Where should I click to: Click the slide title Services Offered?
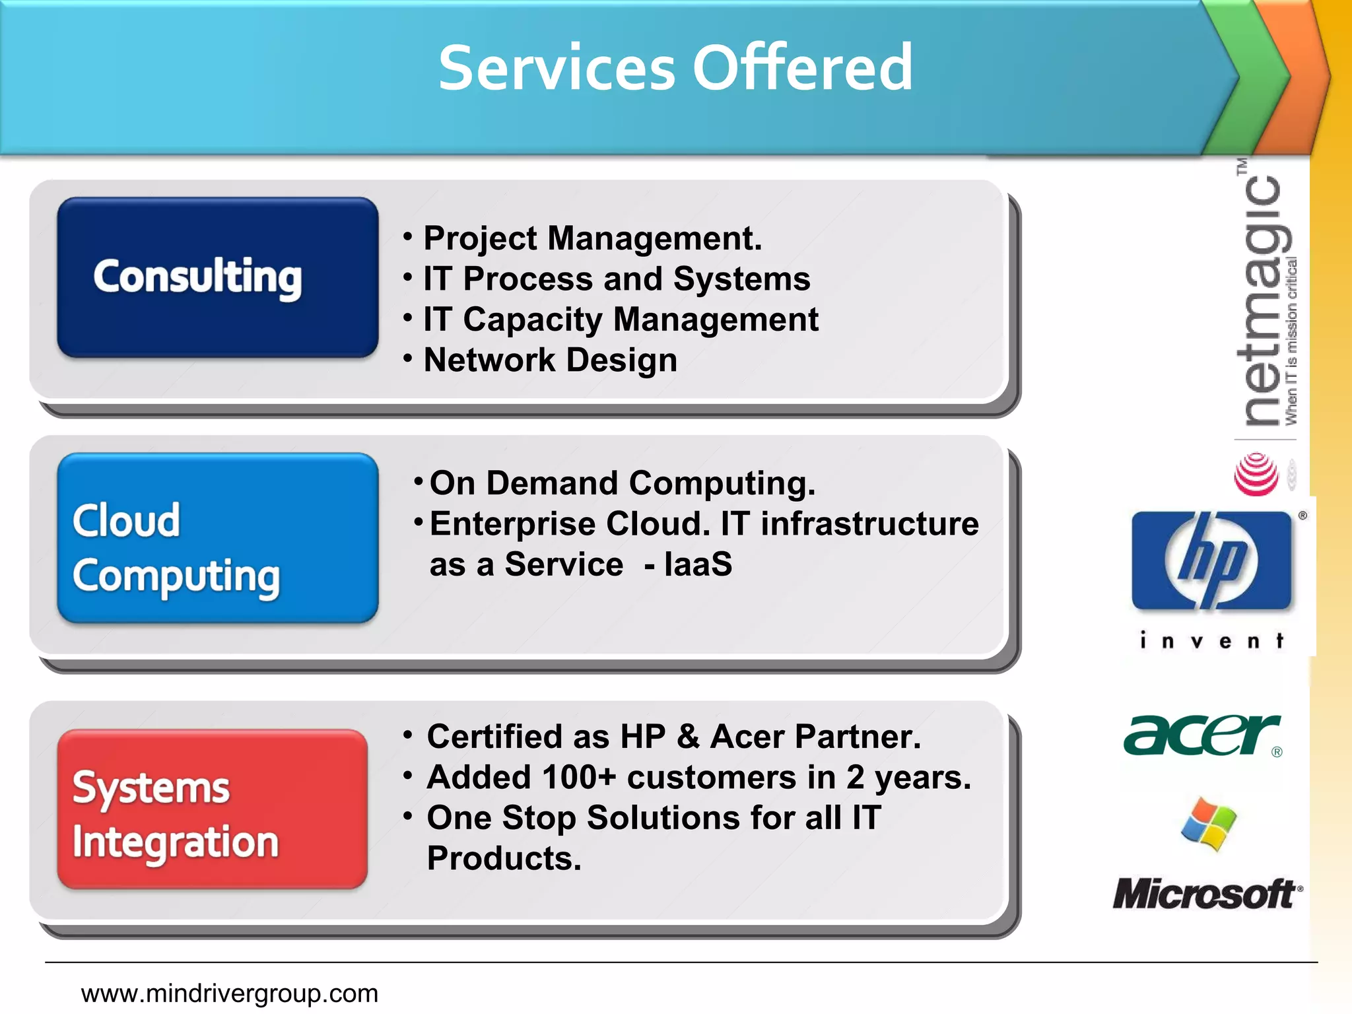pos(675,67)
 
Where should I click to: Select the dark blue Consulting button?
pos(217,277)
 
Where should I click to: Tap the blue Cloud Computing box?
pos(217,538)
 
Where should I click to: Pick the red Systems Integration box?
pos(212,809)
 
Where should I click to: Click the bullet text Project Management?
pos(592,238)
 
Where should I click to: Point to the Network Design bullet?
pos(550,360)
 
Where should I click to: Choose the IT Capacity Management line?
pos(621,320)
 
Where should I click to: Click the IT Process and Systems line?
pos(616,279)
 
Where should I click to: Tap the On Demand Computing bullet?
pos(622,483)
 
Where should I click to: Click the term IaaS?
pos(698,565)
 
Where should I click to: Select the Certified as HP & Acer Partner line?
pos(673,737)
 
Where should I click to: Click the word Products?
pos(504,859)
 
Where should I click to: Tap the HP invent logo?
pos(1212,574)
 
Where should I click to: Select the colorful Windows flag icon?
pos(1209,825)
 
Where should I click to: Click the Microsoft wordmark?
pos(1205,894)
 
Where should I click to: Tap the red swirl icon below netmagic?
pos(1256,474)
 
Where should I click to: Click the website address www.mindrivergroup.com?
pos(229,994)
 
